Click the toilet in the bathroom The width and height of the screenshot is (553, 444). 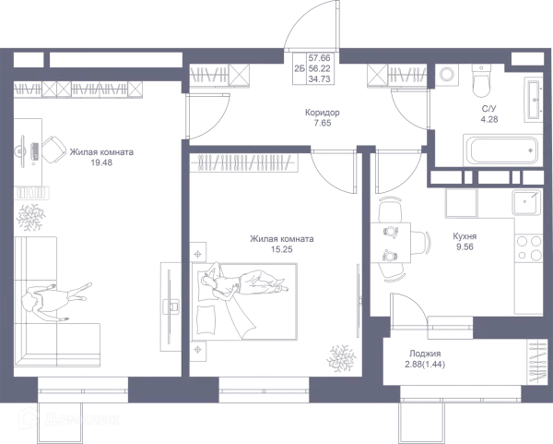[x=482, y=82]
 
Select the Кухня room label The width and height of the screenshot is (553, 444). [x=463, y=240]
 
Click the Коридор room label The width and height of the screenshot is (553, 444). [x=324, y=116]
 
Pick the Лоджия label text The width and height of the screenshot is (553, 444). [x=426, y=356]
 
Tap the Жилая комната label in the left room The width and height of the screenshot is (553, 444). [x=100, y=157]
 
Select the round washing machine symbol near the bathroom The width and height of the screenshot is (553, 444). [x=446, y=74]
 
